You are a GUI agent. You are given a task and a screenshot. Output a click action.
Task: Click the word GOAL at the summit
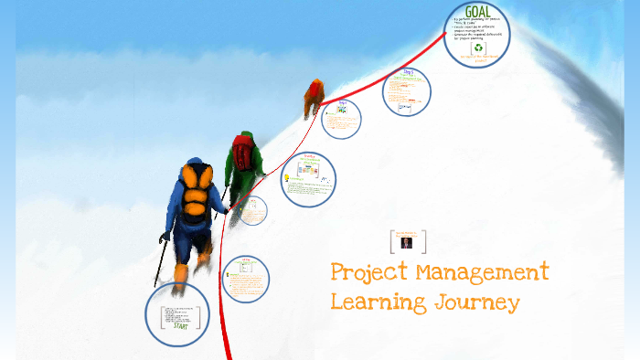[x=476, y=13]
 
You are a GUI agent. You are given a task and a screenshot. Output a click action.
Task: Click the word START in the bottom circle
[x=179, y=324]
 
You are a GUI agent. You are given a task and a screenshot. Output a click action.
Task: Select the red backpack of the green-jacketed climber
[x=242, y=151]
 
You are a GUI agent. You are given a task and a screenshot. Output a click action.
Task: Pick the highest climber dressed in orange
[x=314, y=96]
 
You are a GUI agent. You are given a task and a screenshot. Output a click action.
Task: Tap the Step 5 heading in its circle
[x=409, y=72]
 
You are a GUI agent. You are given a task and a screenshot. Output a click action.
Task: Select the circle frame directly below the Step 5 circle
[x=340, y=119]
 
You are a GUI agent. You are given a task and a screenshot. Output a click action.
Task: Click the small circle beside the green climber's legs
[x=253, y=211]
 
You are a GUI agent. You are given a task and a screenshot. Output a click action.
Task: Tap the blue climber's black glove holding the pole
[x=165, y=237]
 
